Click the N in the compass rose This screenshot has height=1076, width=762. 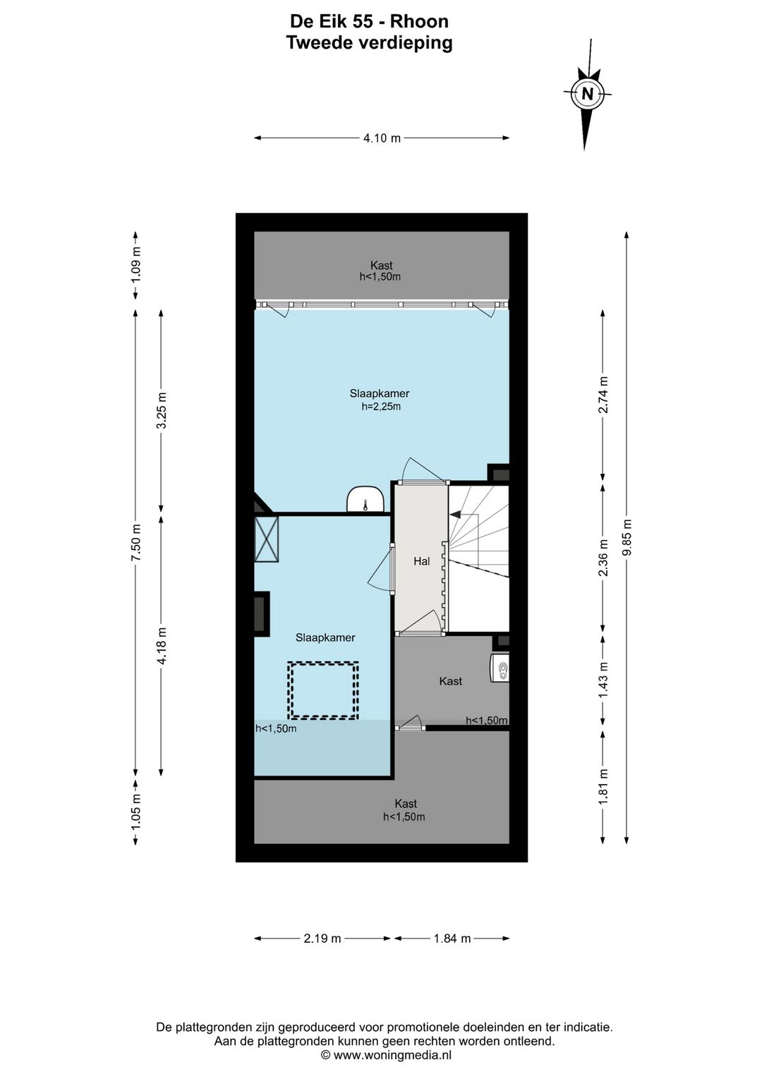587,93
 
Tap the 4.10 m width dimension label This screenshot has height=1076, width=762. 382,138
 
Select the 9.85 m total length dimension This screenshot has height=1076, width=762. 627,537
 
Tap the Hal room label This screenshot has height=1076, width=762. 422,561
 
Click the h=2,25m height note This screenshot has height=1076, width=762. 381,407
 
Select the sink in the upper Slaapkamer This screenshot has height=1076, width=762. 366,499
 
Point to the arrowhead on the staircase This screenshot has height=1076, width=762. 454,515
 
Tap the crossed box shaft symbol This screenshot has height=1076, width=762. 266,539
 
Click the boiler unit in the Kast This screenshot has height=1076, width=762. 500,668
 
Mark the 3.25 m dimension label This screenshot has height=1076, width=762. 162,410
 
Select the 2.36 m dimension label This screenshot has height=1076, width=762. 603,558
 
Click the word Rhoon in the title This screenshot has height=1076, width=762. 419,22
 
